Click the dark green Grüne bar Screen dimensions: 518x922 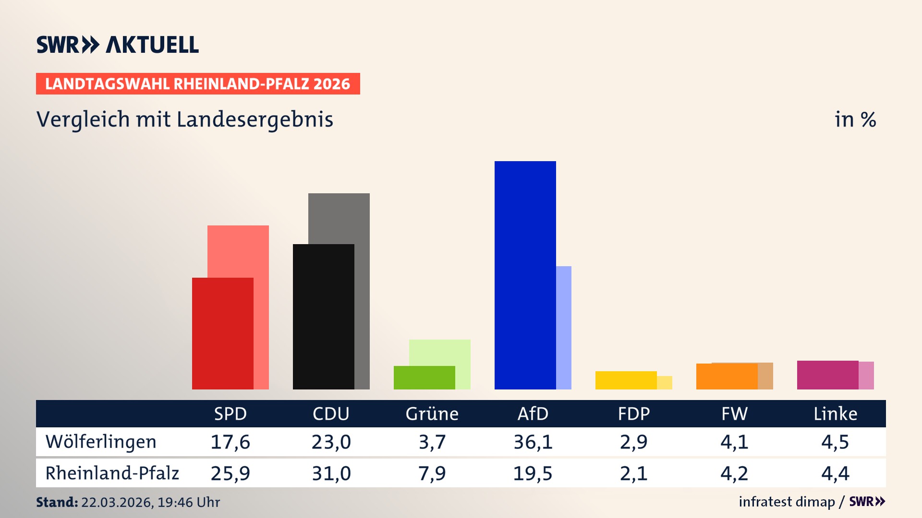[x=424, y=377]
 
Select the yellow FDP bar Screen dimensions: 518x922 [x=626, y=380]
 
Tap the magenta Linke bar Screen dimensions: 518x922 [x=827, y=375]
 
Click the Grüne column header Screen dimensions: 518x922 [x=432, y=414]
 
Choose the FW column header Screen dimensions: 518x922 [x=734, y=414]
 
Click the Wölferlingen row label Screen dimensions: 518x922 [x=101, y=442]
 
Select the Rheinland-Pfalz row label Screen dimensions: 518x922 [x=112, y=473]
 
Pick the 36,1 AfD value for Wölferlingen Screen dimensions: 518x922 [x=533, y=442]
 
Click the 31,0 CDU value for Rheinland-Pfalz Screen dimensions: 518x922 [x=331, y=473]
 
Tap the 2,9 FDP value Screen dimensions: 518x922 [x=633, y=442]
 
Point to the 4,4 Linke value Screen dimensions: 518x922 [x=835, y=473]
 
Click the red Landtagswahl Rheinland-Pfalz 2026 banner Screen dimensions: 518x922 [x=197, y=84]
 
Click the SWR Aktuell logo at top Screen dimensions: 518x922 [x=118, y=45]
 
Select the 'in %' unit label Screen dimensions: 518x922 [x=855, y=120]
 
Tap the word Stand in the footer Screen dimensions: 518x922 [x=57, y=502]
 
